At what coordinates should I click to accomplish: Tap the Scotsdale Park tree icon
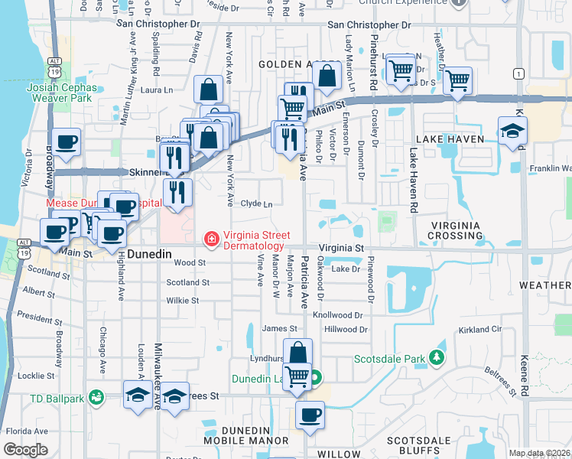point(436,358)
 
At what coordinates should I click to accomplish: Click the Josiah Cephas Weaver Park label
point(58,93)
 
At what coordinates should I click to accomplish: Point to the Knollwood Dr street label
point(337,315)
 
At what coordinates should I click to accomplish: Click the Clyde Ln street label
point(256,204)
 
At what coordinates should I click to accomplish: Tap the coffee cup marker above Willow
point(310,415)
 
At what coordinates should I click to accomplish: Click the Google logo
point(25,450)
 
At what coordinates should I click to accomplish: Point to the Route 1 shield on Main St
point(519,73)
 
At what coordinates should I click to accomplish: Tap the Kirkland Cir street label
point(480,329)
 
